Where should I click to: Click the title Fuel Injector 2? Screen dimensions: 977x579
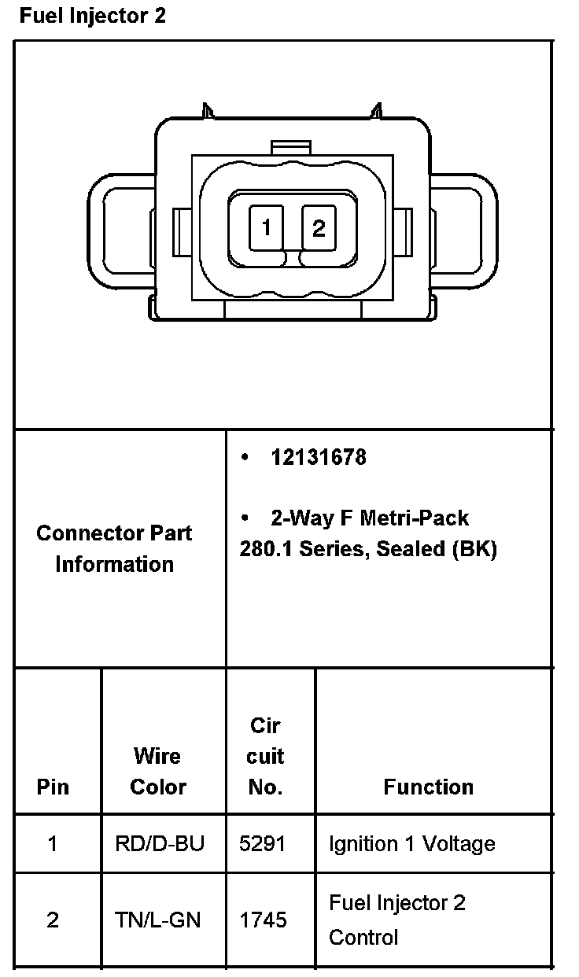(93, 16)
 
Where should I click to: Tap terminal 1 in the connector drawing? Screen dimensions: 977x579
(267, 228)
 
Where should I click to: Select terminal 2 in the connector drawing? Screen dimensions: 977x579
(319, 228)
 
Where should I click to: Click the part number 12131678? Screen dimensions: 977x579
(319, 457)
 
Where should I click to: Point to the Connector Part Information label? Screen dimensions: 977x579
(115, 548)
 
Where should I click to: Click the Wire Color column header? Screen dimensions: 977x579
(158, 771)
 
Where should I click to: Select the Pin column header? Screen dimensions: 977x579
(53, 787)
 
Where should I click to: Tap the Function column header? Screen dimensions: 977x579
(429, 787)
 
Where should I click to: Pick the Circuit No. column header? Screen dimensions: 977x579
(266, 756)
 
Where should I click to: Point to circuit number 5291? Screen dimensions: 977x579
(263, 844)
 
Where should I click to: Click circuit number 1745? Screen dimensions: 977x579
(263, 920)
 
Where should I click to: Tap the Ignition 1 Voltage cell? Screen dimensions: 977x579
(412, 844)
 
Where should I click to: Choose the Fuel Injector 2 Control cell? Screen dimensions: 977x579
(397, 920)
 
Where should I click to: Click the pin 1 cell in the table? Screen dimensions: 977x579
(53, 844)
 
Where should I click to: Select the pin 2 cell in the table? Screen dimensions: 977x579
(53, 920)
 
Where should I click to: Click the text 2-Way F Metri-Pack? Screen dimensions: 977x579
(370, 518)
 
